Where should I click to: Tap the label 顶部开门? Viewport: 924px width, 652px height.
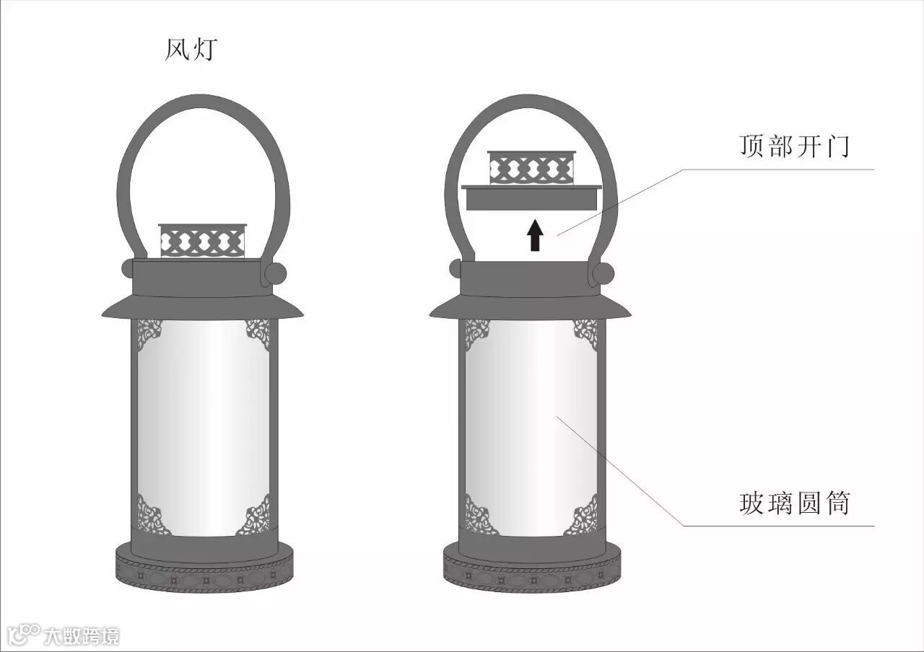pyautogui.click(x=794, y=147)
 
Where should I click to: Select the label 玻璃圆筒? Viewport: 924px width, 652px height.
pyautogui.click(x=794, y=503)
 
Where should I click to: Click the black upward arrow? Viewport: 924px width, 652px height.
pyautogui.click(x=534, y=236)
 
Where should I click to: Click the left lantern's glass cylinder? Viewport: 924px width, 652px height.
pyautogui.click(x=203, y=426)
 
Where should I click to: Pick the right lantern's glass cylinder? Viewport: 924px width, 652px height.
pyautogui.click(x=532, y=426)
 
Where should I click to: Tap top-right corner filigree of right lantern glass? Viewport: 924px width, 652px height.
pyautogui.click(x=585, y=332)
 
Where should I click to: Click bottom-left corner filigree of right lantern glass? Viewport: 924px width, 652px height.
pyautogui.click(x=479, y=517)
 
